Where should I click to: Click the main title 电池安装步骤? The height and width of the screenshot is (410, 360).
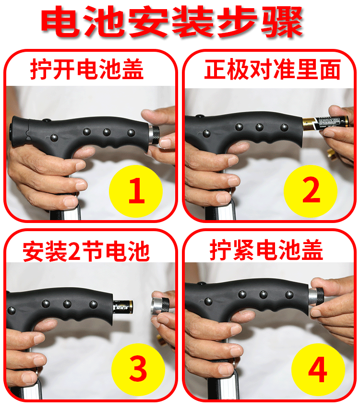click(172, 22)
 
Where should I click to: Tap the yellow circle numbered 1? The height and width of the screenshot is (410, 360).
click(136, 191)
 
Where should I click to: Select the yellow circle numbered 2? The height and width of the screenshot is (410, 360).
click(311, 191)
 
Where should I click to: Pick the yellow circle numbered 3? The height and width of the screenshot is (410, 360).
click(138, 369)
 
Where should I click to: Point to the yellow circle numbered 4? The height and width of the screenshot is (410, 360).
click(318, 369)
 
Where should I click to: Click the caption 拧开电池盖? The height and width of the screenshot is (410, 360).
click(87, 69)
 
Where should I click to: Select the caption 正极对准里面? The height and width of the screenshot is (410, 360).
click(272, 69)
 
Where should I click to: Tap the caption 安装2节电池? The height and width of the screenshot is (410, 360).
click(86, 251)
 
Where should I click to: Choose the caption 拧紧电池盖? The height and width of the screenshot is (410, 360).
click(266, 250)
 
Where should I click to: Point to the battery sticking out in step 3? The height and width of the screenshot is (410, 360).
click(123, 306)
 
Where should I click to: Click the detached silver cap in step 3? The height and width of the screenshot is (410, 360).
click(160, 305)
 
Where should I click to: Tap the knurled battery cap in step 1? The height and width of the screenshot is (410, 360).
click(154, 134)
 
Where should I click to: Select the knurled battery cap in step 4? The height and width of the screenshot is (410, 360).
click(316, 296)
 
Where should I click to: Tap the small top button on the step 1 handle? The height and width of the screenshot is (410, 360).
click(47, 120)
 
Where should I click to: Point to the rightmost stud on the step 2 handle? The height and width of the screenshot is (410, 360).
click(284, 128)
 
